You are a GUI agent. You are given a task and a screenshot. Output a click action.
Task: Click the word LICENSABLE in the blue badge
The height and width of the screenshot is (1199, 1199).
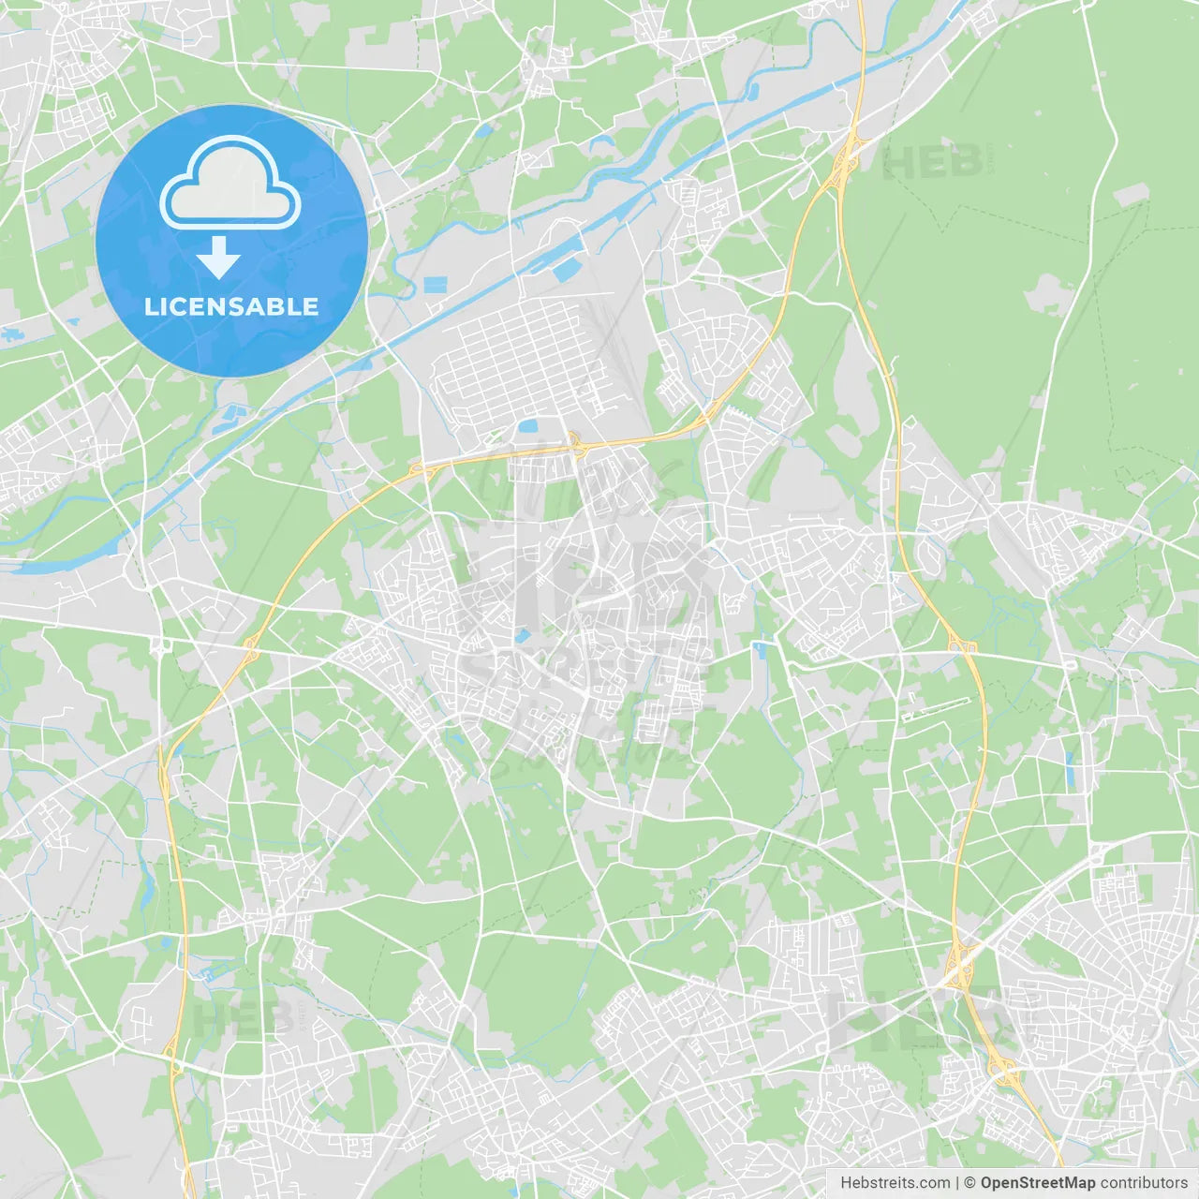231,306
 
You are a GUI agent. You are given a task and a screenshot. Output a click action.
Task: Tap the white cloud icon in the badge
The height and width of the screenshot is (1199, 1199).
230,183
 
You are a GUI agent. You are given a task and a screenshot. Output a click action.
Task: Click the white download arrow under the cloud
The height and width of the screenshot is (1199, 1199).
219,258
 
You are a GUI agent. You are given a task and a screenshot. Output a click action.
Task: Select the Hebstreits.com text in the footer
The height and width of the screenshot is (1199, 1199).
895,1183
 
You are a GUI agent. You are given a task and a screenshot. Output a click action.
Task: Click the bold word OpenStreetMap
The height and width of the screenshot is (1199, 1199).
1037,1183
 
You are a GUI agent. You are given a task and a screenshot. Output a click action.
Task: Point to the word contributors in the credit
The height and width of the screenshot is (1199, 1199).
1144,1183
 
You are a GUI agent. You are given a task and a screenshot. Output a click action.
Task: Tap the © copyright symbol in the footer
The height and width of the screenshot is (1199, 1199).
970,1183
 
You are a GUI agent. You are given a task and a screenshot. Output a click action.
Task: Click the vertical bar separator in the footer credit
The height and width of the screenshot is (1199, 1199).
957,1183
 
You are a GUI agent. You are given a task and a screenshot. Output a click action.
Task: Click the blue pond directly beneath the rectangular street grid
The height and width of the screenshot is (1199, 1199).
528,426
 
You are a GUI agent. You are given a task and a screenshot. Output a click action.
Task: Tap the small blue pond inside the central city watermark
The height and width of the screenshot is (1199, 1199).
521,637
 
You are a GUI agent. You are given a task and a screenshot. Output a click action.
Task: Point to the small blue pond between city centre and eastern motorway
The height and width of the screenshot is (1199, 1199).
759,647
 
